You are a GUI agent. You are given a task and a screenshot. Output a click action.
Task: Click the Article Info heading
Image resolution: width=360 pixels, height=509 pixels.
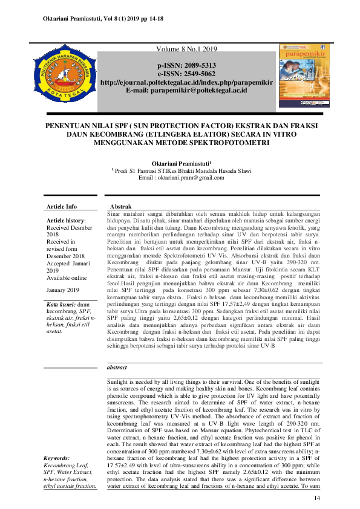pos(62,206)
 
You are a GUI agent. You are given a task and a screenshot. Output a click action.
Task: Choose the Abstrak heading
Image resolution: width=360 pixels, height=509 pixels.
pos(120,206)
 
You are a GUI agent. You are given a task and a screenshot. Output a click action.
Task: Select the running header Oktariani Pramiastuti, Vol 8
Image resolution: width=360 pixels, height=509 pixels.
pos(103,19)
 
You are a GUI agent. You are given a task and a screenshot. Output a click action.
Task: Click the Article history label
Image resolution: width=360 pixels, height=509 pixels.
pos(66,221)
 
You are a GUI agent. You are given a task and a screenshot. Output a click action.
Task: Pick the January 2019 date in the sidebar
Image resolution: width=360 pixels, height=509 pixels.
pos(63,290)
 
